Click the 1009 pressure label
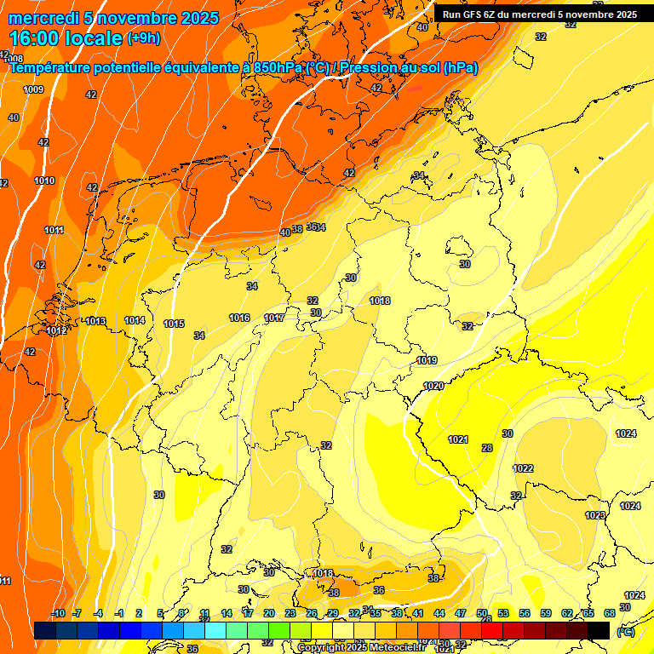(33, 89)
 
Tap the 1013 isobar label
(95, 321)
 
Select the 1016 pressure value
(239, 318)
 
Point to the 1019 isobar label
(427, 361)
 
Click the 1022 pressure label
(523, 469)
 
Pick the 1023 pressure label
(595, 515)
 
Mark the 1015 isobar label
(174, 324)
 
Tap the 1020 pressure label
(433, 386)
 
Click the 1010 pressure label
(44, 181)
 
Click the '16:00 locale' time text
(66, 37)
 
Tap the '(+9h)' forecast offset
(143, 38)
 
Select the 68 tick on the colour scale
(610, 613)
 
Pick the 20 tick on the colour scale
(269, 613)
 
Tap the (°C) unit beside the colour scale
(626, 631)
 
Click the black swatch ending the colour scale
(599, 630)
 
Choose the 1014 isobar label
(135, 320)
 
